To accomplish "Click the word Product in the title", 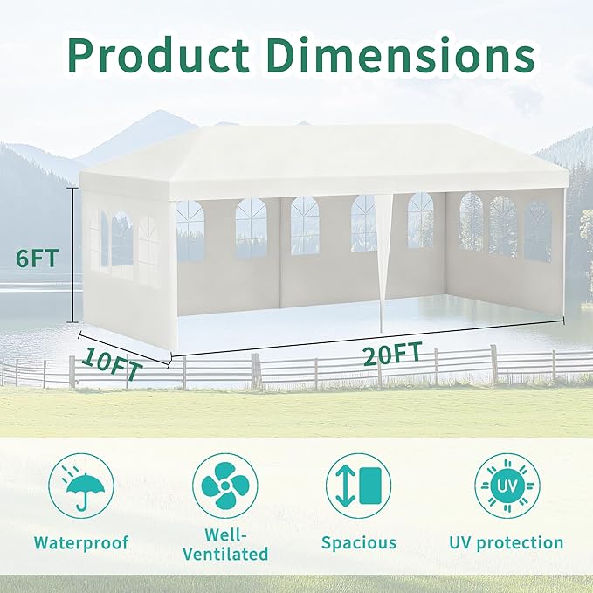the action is tap(159, 56).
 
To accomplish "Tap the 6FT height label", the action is tap(37, 259).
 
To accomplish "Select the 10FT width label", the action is tap(113, 364).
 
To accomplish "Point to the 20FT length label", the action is tap(392, 354).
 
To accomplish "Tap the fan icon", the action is tap(225, 486).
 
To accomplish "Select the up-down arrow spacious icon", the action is tap(359, 486).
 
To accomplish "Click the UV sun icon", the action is tap(507, 486).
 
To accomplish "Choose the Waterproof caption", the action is tap(81, 542).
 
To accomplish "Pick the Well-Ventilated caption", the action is tap(225, 544).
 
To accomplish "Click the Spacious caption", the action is tap(359, 542).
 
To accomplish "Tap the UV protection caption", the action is tap(507, 542).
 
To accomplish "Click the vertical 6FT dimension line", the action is tap(73, 255).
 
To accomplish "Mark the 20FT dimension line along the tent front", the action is tap(368, 338).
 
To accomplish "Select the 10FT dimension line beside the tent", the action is tap(124, 349).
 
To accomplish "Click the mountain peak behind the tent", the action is tap(161, 112).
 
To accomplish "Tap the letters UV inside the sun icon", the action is tap(507, 486).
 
